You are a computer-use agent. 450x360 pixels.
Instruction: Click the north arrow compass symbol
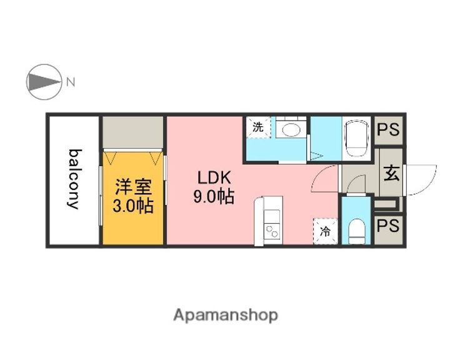click(x=43, y=81)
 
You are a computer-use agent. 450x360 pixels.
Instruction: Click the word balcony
click(x=74, y=179)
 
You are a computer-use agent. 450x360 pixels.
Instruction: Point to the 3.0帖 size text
click(x=132, y=206)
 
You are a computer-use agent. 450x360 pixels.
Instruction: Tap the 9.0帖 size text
click(x=213, y=197)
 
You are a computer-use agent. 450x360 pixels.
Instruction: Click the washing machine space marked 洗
click(x=257, y=127)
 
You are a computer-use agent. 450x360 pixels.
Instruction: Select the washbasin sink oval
click(x=290, y=131)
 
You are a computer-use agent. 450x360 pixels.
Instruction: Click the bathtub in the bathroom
click(x=357, y=139)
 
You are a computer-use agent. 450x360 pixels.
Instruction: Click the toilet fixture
click(x=356, y=229)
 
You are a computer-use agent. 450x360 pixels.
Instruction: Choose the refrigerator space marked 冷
click(x=325, y=230)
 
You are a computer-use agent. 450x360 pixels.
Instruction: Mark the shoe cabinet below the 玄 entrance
click(x=388, y=204)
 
